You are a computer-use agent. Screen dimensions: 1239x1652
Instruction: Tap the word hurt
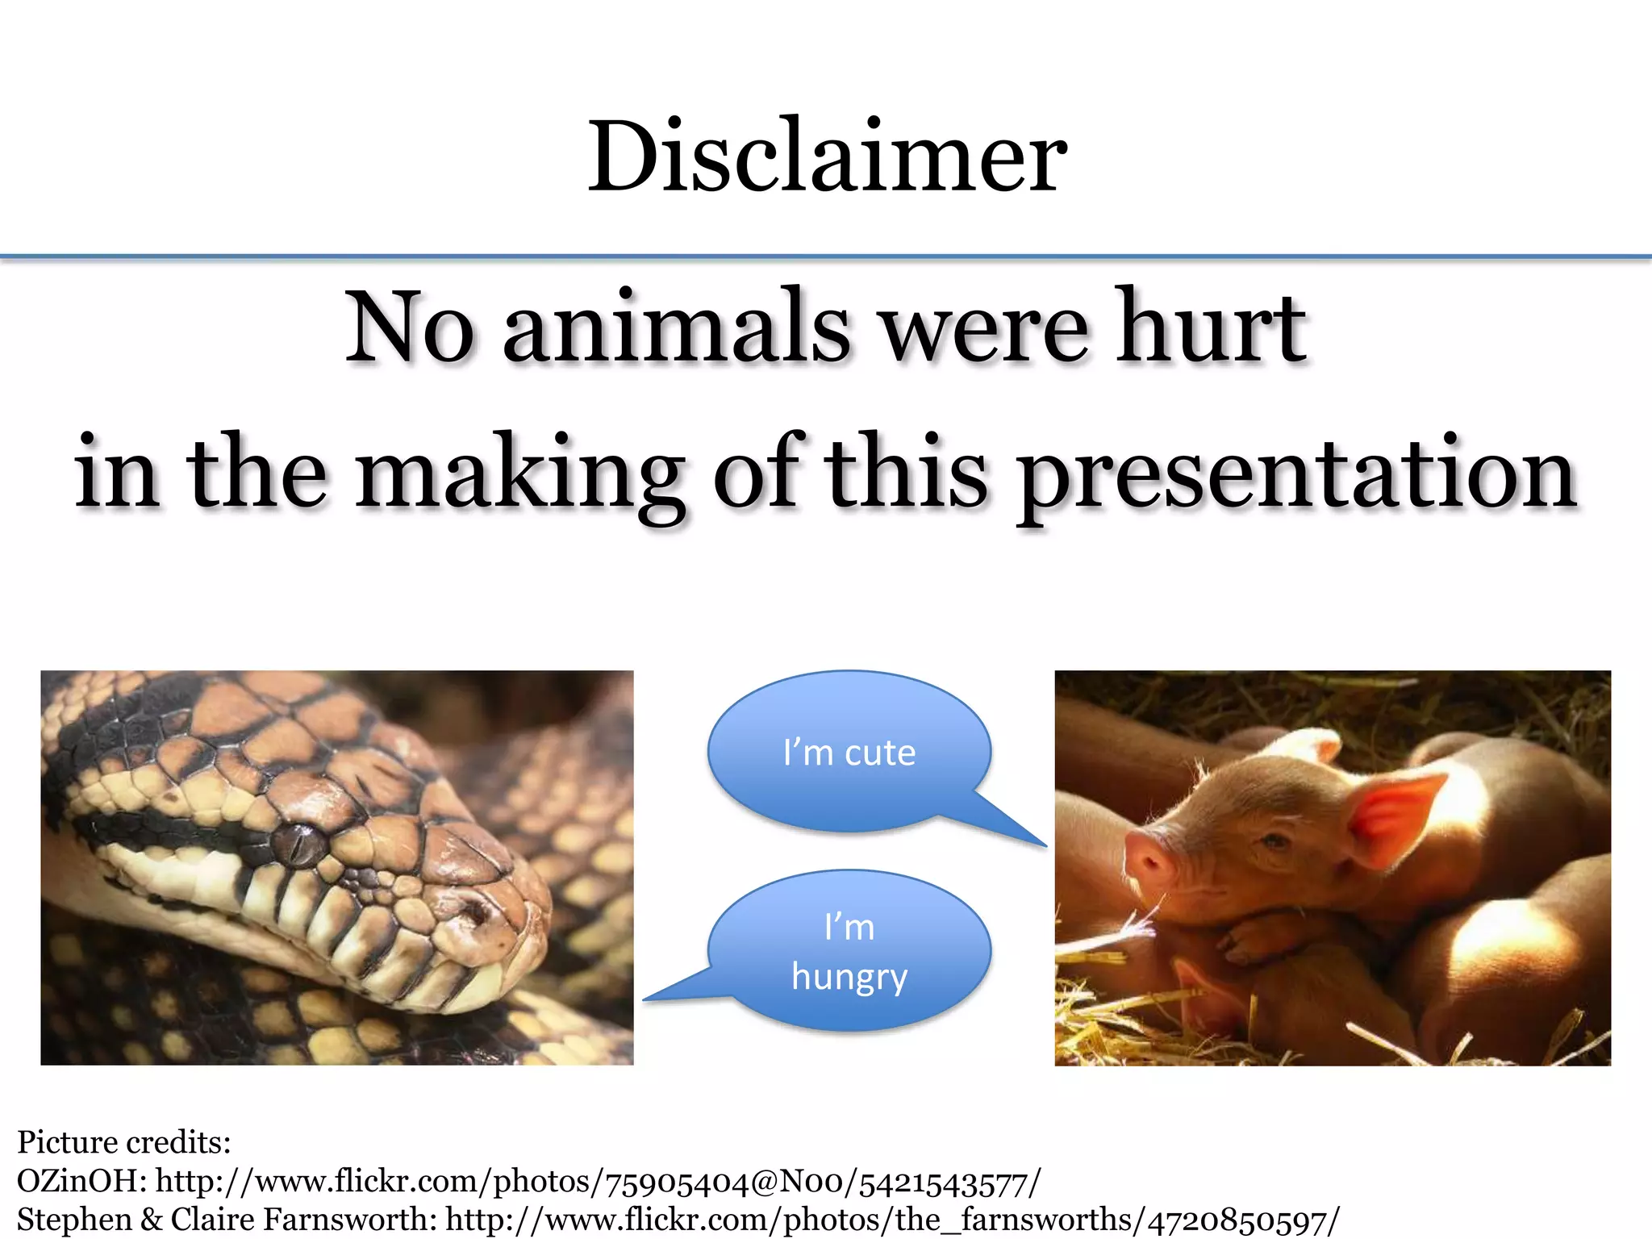point(1210,327)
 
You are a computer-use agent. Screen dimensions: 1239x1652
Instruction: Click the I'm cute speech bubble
point(849,752)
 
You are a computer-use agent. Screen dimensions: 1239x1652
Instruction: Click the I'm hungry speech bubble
point(849,952)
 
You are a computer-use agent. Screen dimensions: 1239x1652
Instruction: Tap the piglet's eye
point(1274,842)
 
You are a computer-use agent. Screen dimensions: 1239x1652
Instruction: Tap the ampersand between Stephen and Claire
point(151,1219)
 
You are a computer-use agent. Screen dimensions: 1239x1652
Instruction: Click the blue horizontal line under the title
point(826,257)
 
